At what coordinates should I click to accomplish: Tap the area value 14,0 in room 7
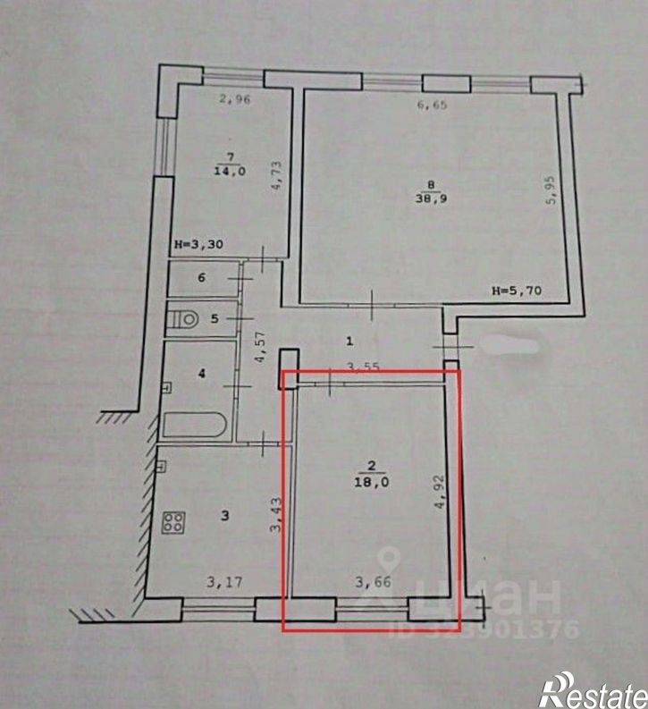(x=224, y=173)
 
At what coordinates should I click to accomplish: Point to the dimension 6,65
(x=433, y=106)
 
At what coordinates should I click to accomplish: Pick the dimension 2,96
(x=235, y=100)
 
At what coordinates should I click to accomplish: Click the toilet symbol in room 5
(x=185, y=317)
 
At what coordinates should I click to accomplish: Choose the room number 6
(x=202, y=278)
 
